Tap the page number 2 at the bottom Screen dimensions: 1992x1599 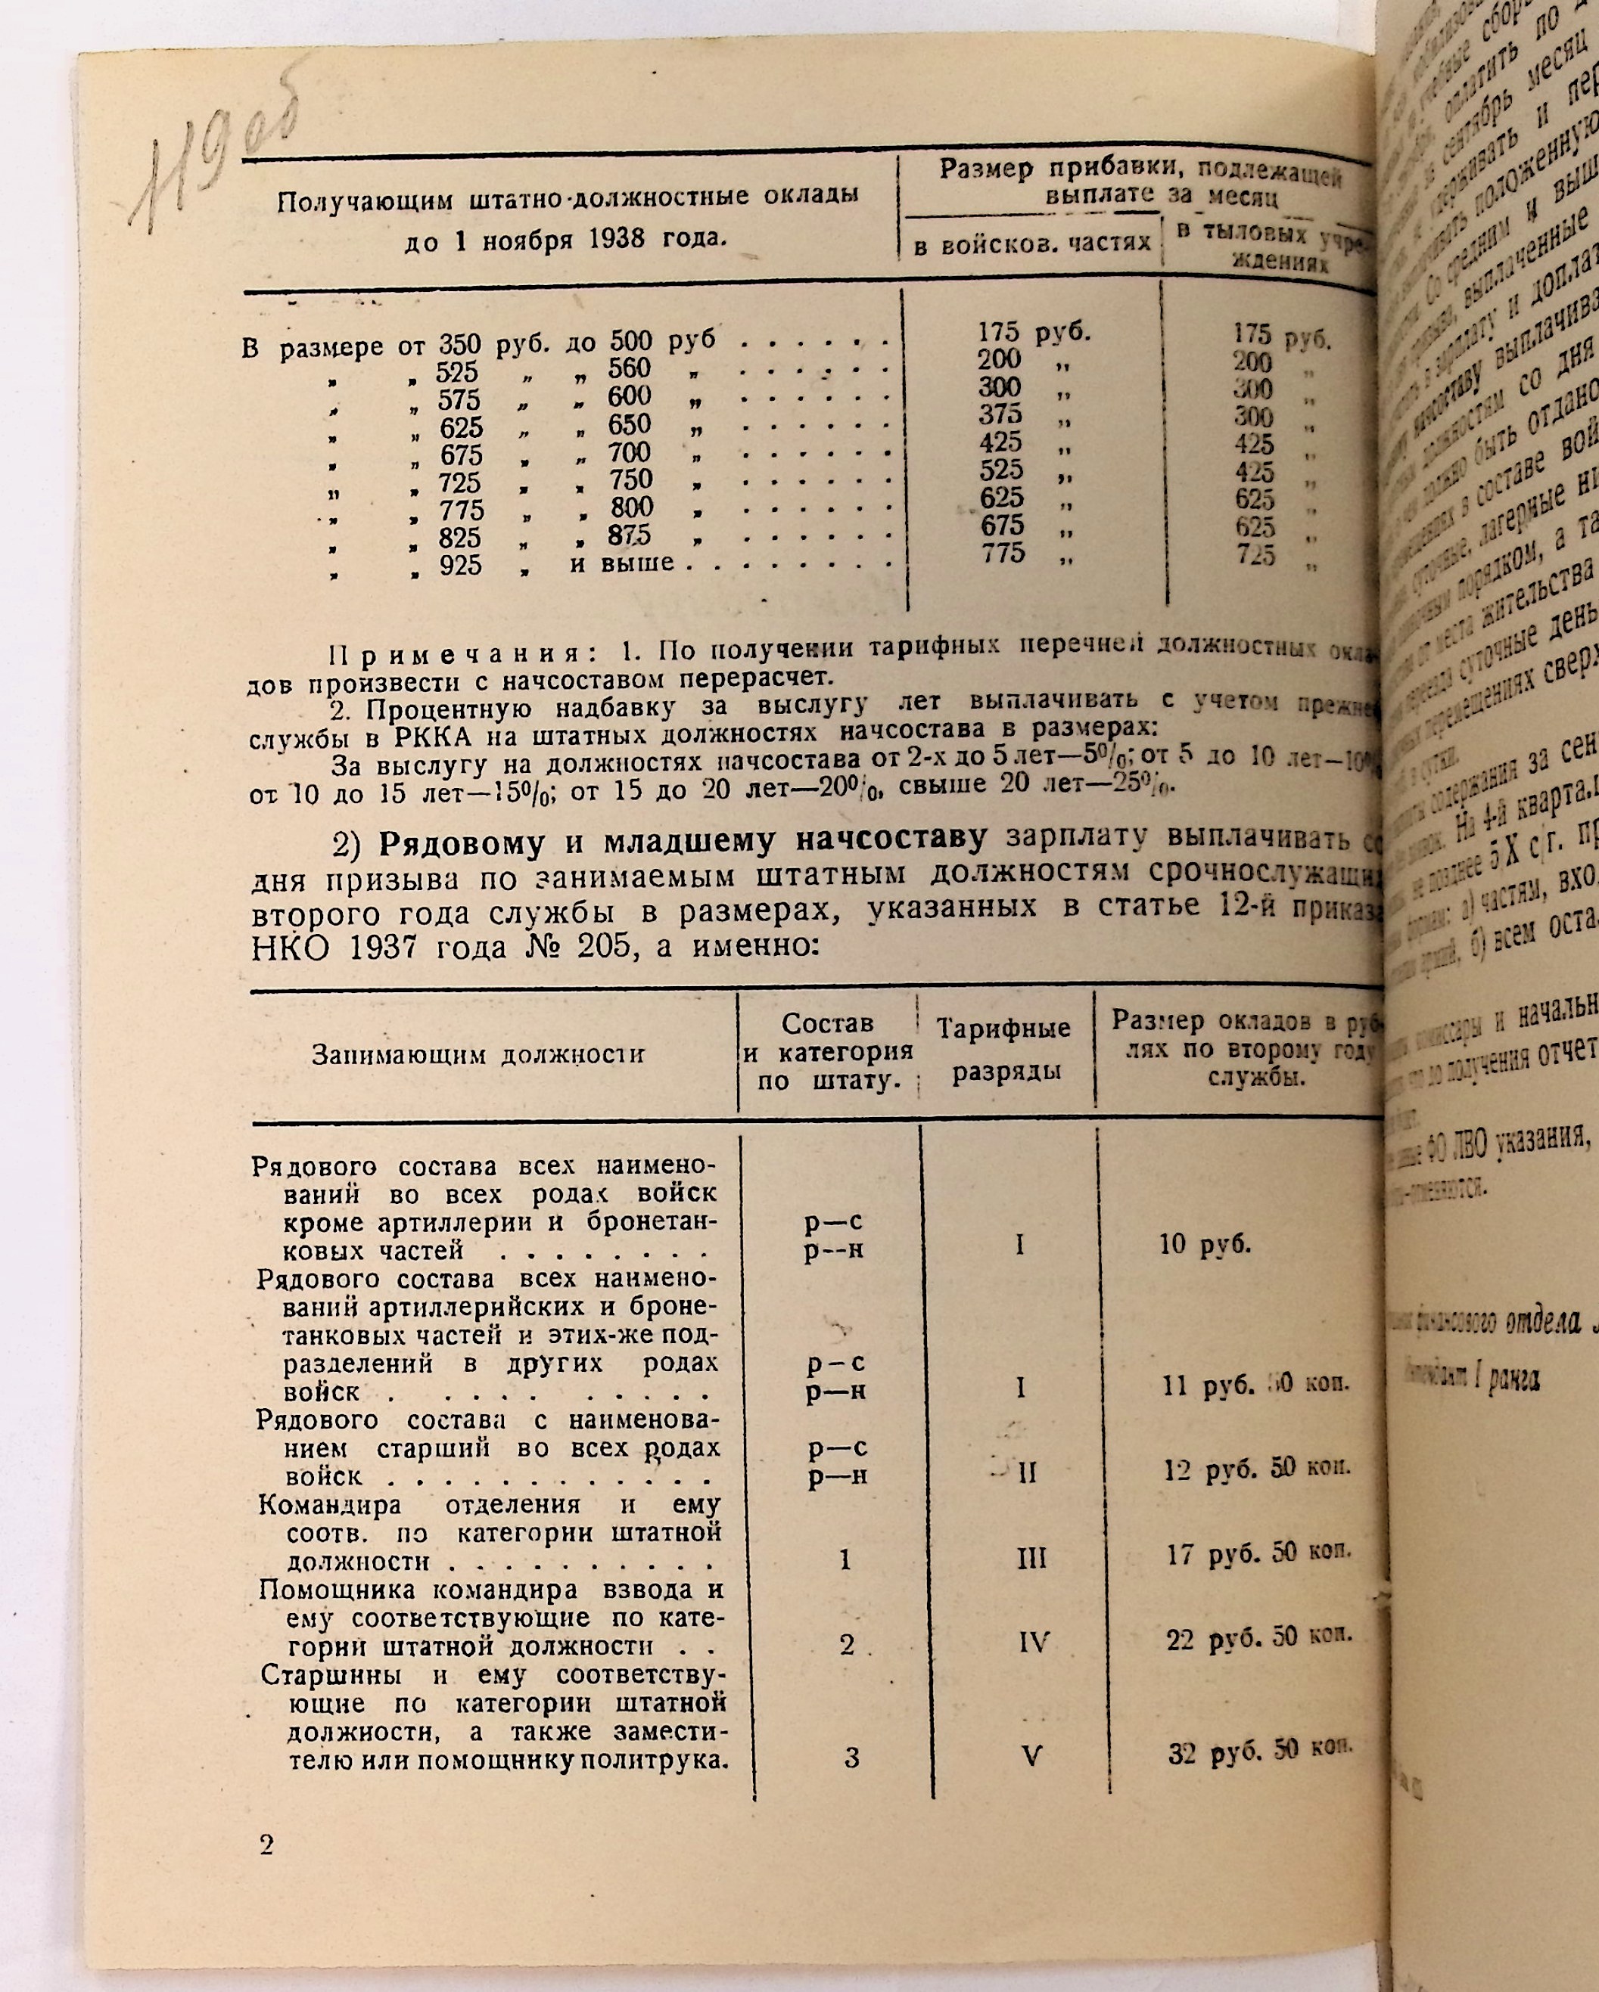tap(267, 1845)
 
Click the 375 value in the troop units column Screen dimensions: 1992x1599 tap(1001, 414)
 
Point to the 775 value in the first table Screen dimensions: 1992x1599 tap(1003, 554)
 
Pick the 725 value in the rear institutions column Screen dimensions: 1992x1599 tap(1255, 555)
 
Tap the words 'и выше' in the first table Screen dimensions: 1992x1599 tap(622, 563)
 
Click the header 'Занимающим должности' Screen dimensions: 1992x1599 tap(477, 1054)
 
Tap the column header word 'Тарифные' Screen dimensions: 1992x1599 tap(1003, 1028)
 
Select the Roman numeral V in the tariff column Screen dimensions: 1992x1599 tap(1031, 1755)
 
